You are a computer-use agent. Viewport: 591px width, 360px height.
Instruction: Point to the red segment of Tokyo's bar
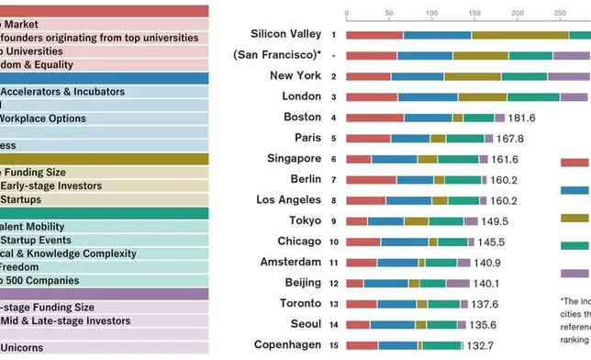[357, 221]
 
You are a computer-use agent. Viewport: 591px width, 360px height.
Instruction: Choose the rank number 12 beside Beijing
[333, 283]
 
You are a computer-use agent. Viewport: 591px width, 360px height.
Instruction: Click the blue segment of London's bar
[428, 96]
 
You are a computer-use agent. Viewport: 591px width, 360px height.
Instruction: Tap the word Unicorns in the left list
[28, 348]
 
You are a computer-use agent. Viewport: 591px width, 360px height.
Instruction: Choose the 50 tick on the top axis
[389, 14]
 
